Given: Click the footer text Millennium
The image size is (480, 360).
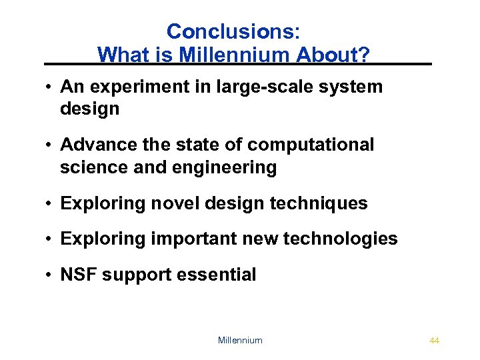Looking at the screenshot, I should click(240, 341).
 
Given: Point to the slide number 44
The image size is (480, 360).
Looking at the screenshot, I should click(435, 341).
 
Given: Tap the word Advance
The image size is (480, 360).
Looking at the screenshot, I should click(97, 145).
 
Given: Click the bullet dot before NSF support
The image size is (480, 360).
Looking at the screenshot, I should click(50, 275).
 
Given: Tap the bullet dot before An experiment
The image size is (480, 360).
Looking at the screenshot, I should click(50, 87).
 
